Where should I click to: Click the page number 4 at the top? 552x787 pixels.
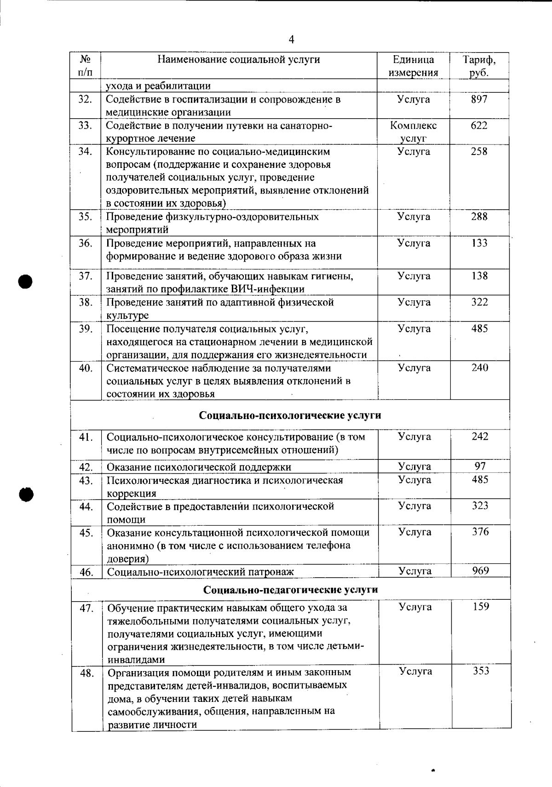point(291,40)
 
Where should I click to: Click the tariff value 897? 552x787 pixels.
point(479,99)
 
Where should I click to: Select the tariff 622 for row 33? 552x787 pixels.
point(479,126)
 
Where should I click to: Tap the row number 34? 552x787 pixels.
point(85,151)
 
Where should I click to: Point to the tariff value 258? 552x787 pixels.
point(479,151)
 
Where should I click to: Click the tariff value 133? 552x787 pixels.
point(479,243)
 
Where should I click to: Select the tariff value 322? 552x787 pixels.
point(479,302)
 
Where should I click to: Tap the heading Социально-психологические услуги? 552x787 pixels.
point(290,415)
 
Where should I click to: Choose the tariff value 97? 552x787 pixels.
point(480,466)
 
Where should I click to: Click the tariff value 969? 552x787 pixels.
point(480,571)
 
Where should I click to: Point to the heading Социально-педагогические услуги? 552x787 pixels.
point(291,590)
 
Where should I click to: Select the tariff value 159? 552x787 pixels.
point(481,607)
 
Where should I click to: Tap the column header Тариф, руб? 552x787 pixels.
point(479,66)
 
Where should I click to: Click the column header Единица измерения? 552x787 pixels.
point(413,66)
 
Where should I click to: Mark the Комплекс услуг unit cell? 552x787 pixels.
point(413,132)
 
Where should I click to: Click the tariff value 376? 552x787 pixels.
point(480,532)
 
